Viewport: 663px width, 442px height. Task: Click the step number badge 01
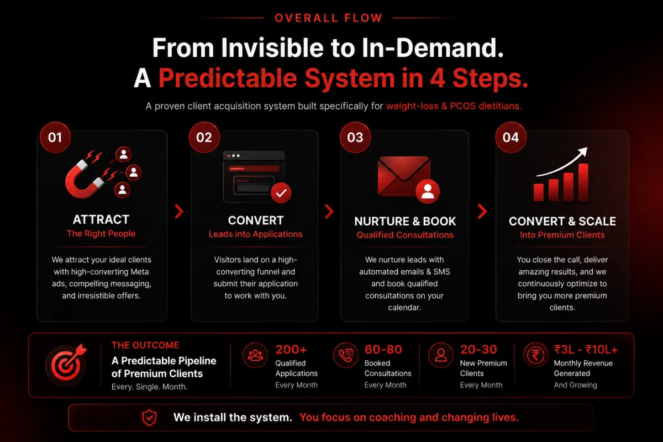click(55, 138)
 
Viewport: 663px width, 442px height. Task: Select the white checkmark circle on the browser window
click(281, 193)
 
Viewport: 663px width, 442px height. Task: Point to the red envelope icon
click(404, 176)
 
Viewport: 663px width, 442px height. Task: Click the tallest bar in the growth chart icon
click(583, 182)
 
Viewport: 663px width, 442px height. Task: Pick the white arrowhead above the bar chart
click(582, 151)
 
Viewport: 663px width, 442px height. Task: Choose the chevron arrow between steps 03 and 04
click(482, 212)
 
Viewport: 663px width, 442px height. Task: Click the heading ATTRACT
click(101, 220)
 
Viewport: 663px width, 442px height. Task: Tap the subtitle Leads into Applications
click(255, 234)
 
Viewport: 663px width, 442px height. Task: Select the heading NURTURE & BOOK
click(405, 222)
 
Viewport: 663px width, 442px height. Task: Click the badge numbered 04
click(511, 138)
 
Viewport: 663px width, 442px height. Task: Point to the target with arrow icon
click(67, 364)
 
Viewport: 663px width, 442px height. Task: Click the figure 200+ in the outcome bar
click(291, 350)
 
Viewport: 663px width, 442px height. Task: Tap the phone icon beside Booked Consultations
click(346, 355)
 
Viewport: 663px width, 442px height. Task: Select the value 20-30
click(478, 350)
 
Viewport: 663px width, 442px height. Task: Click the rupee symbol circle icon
click(535, 355)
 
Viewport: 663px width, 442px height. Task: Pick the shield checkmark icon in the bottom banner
click(150, 418)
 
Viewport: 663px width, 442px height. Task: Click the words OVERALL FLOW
click(329, 18)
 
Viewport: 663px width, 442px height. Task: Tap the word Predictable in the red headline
click(228, 78)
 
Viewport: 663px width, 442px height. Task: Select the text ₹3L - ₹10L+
click(586, 350)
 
